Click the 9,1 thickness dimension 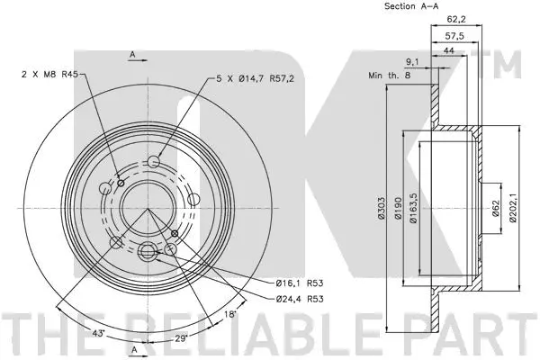411,62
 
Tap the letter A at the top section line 132,55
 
